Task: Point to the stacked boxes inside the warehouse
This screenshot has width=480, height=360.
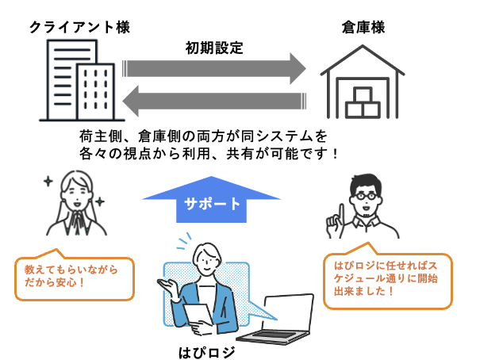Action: (x=364, y=101)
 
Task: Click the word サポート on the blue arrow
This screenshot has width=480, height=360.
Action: (x=212, y=203)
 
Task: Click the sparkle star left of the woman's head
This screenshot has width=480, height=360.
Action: (x=48, y=182)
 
